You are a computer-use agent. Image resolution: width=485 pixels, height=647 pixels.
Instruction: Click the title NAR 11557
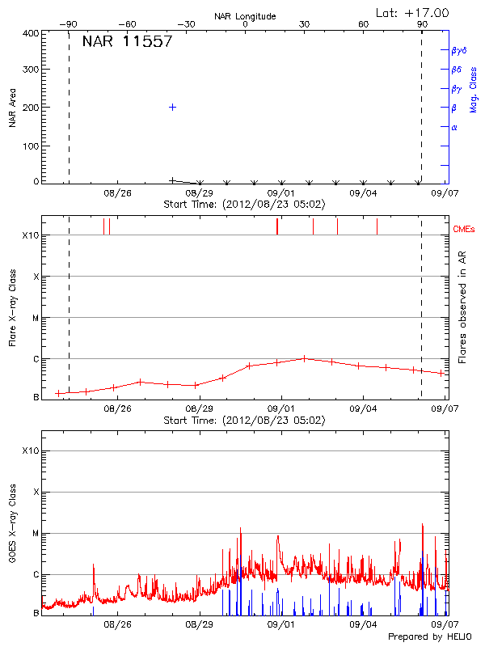click(127, 42)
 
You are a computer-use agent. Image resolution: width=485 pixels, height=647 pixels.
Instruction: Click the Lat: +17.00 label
click(413, 12)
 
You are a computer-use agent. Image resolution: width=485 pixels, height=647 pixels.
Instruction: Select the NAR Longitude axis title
click(245, 16)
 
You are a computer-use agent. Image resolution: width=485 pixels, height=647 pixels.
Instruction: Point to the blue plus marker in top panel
click(172, 107)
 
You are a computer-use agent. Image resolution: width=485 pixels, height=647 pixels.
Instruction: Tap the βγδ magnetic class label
click(459, 50)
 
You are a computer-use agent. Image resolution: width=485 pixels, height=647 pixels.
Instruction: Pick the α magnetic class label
click(454, 127)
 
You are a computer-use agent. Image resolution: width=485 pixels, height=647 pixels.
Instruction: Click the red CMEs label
click(463, 230)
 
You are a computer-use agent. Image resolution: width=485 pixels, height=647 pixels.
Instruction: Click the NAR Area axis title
click(13, 108)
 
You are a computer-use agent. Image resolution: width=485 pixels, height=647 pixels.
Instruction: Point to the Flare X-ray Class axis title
click(13, 308)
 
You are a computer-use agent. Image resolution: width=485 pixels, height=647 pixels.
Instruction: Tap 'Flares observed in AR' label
click(462, 307)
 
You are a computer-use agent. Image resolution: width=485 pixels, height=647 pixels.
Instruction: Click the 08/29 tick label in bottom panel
click(200, 624)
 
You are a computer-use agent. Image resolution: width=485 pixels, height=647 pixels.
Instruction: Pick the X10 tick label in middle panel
click(31, 235)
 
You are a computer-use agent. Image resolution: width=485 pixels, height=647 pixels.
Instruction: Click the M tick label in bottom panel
click(36, 534)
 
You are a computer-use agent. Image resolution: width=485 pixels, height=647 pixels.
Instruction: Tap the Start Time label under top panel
click(244, 204)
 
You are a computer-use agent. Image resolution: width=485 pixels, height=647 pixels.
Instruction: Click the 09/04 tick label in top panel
click(364, 193)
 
